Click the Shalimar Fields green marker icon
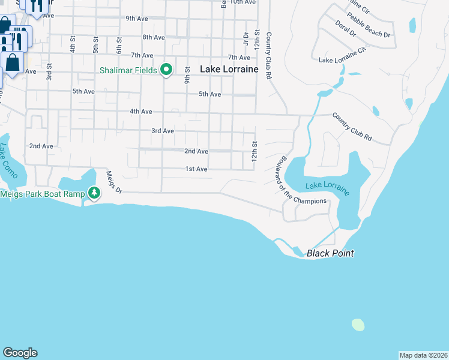pos(167,70)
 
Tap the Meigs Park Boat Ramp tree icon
pos(94,193)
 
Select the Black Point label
pos(330,253)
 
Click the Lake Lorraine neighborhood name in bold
pos(229,70)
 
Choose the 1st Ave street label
pos(196,169)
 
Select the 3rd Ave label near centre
pos(162,131)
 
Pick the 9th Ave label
pos(137,19)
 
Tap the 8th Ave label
pos(154,37)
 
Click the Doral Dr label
pos(345,29)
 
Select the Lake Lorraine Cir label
pos(342,57)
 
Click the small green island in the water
pos(358,325)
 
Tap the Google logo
pos(20,353)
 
